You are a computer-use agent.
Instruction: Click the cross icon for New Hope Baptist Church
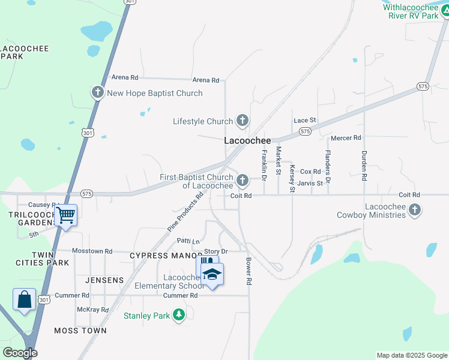coord(97,92)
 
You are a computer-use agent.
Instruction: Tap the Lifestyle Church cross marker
coord(242,121)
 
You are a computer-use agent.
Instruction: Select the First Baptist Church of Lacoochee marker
coord(243,180)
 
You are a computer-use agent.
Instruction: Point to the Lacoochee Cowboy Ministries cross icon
coord(414,209)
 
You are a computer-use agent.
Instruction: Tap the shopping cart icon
coord(66,214)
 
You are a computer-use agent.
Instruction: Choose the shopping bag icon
coord(24,299)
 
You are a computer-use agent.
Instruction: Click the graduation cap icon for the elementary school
coord(211,274)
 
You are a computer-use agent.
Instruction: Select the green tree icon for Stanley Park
coord(178,315)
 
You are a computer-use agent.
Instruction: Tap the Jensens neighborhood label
coord(104,280)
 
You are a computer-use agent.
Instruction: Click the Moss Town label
coord(80,331)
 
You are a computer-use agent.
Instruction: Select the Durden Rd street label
coord(364,166)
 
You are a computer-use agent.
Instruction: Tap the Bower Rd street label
coord(248,271)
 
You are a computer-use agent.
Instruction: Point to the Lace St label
coord(305,121)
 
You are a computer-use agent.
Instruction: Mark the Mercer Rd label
coord(346,137)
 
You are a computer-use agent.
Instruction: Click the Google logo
coord(20,353)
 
